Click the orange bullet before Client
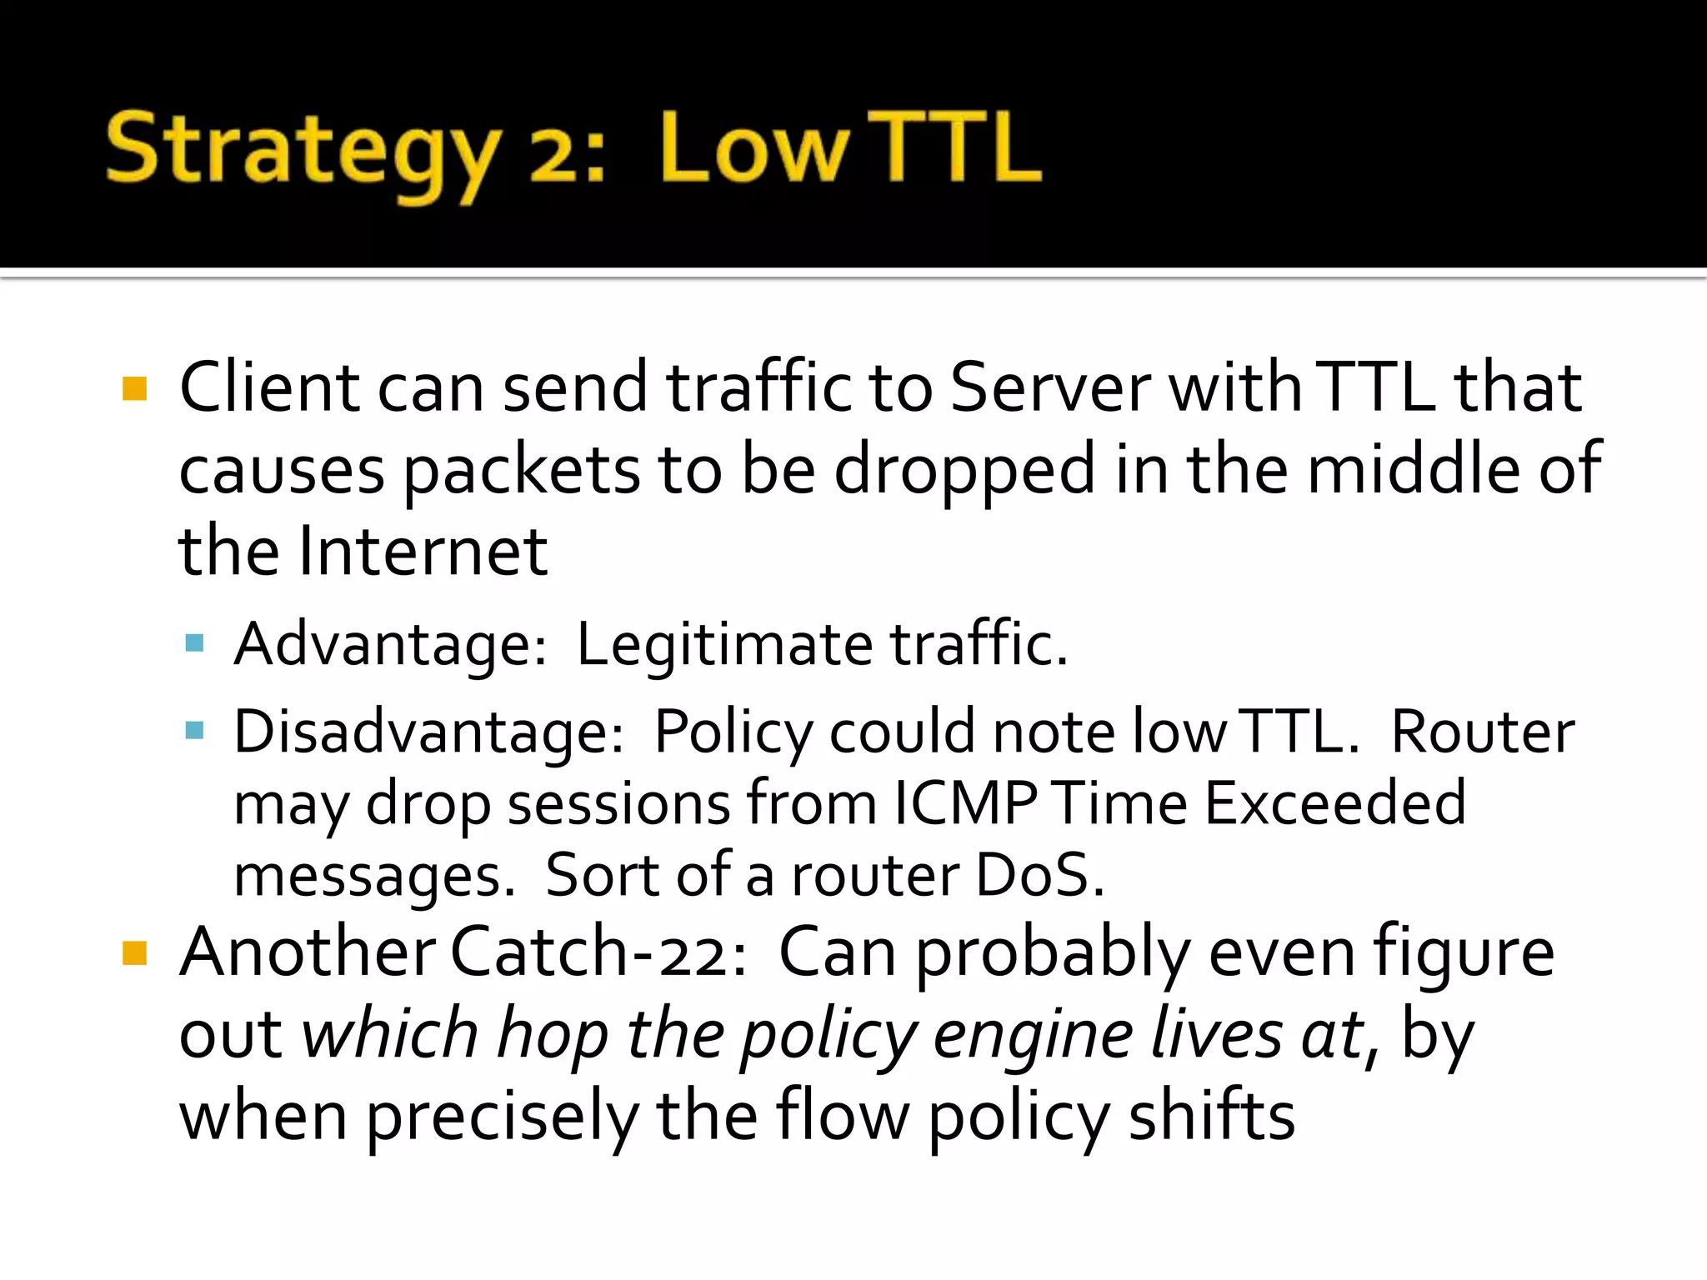[x=134, y=389]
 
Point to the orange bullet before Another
[x=134, y=952]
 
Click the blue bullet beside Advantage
[x=195, y=642]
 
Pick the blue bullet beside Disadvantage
[x=195, y=731]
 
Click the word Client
[x=268, y=387]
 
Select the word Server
[x=1049, y=387]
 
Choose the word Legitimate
[x=724, y=644]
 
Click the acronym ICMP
[x=964, y=803]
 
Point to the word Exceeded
[x=1334, y=803]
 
